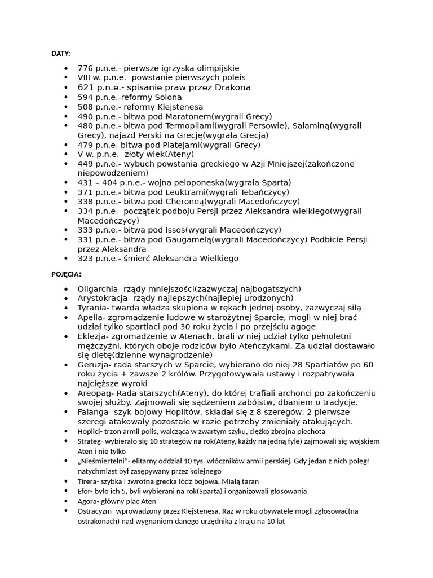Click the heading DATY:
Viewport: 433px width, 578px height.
tap(61, 54)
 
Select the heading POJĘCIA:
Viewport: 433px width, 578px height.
tap(67, 274)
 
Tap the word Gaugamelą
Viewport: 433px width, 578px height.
tap(188, 240)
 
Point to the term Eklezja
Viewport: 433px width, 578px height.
tap(92, 336)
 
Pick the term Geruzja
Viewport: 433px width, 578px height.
tap(93, 365)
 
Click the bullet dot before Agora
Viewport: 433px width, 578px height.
tap(67, 501)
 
